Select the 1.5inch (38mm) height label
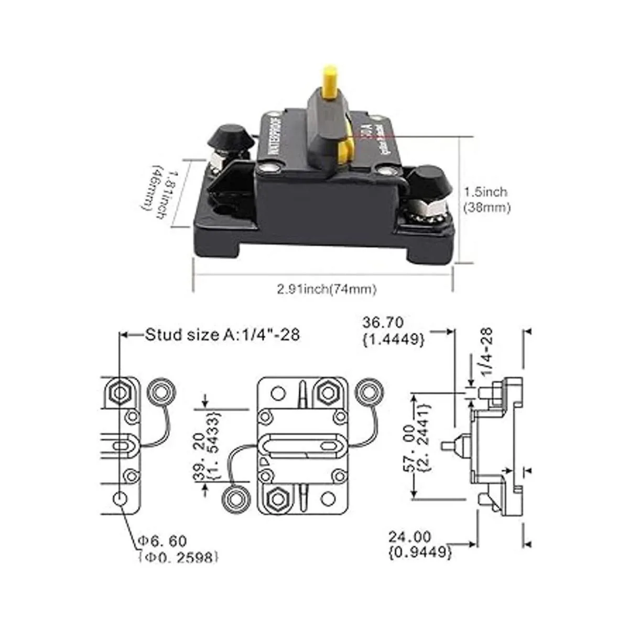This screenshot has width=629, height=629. tap(486, 200)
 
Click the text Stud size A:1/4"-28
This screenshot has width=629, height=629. tap(222, 334)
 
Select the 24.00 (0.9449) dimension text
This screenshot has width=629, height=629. tap(420, 544)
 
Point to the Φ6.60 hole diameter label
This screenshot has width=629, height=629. tap(177, 549)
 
